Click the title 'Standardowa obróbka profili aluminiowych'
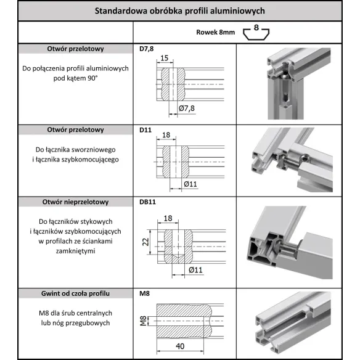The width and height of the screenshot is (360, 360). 179,11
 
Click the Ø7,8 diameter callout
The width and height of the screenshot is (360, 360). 187,108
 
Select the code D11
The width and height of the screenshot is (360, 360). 144,130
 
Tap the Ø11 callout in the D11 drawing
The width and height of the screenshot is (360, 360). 190,184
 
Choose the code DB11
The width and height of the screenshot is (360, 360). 147,202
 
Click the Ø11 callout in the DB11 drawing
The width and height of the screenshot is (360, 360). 195,270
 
